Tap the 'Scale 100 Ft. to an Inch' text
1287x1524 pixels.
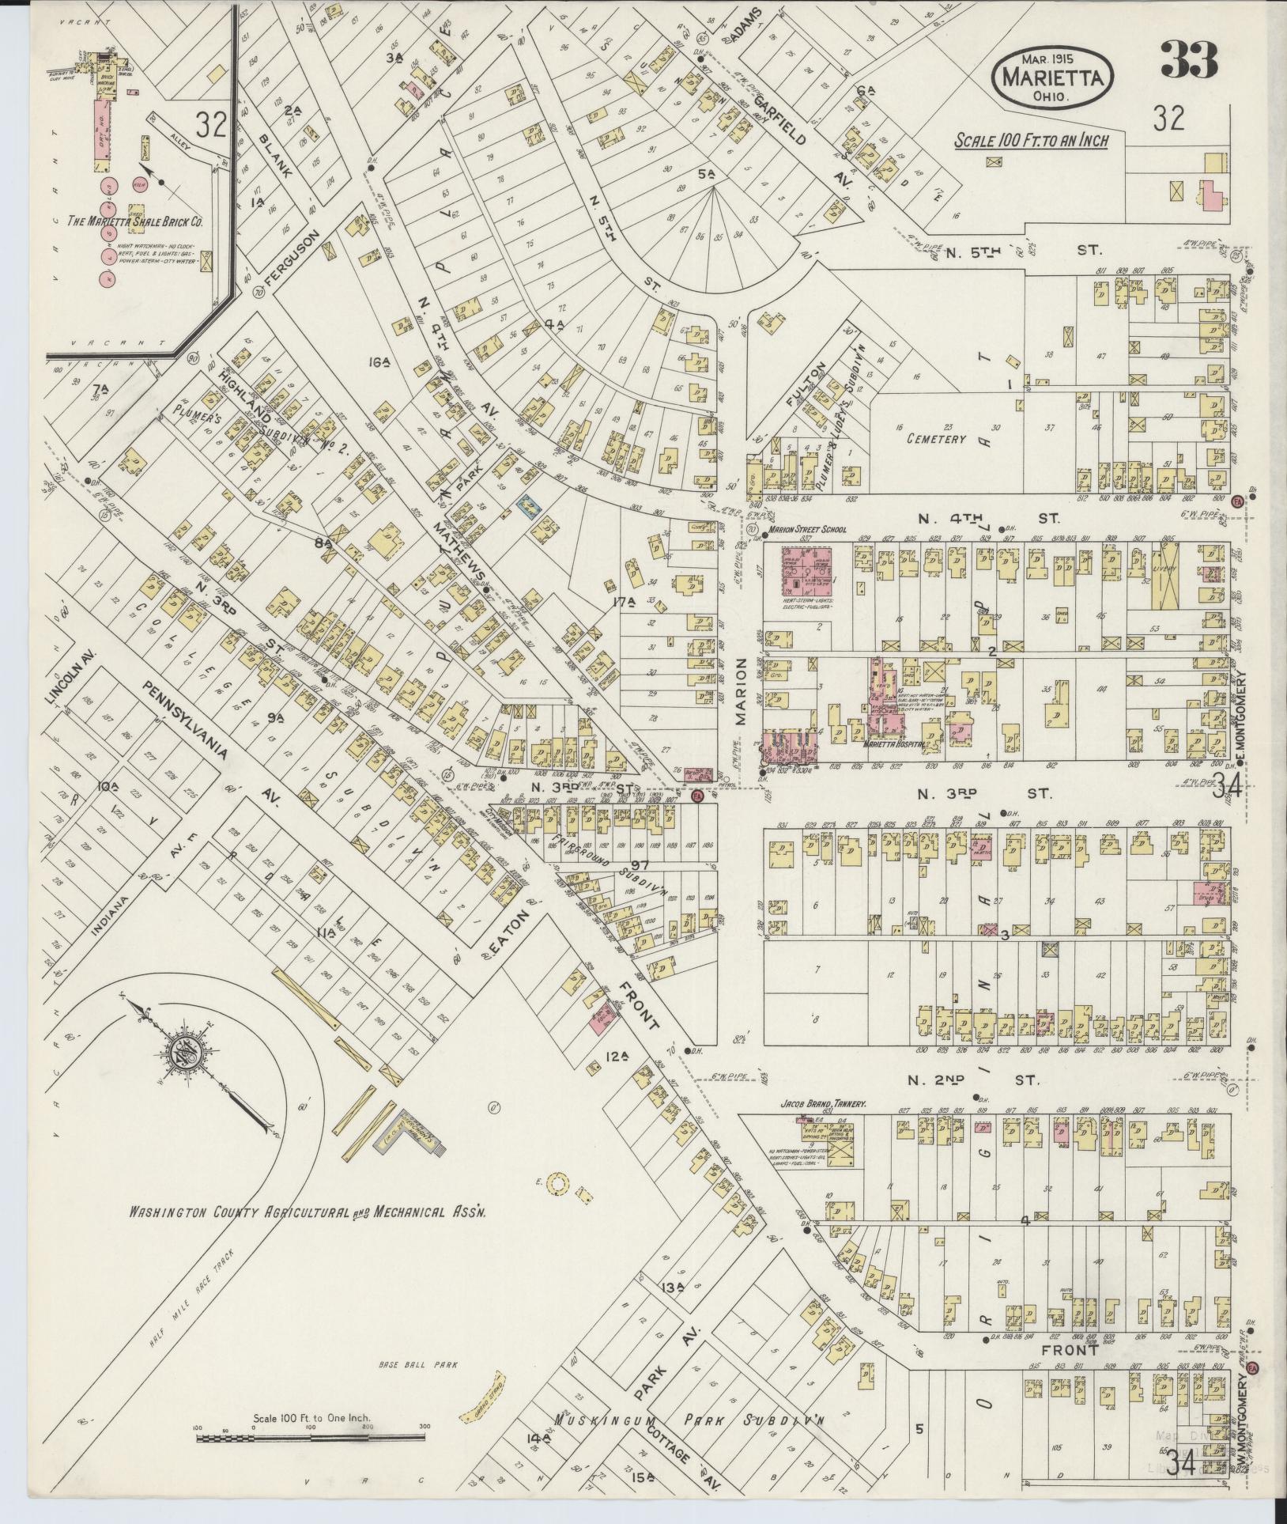(x=1031, y=141)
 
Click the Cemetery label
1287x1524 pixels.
(x=937, y=438)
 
